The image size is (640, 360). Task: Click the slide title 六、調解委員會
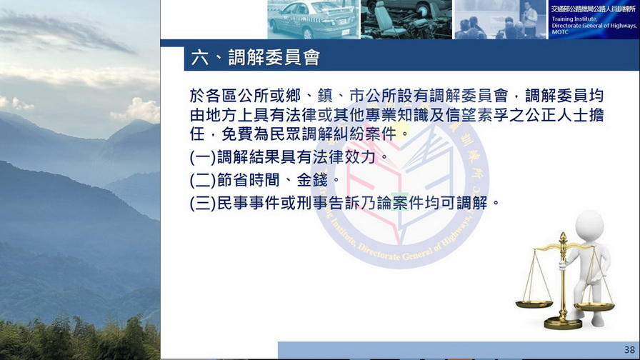point(256,58)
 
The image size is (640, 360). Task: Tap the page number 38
point(629,350)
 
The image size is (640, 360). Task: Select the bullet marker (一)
point(203,157)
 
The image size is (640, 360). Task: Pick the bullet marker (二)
point(203,180)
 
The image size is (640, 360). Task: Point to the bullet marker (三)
point(203,203)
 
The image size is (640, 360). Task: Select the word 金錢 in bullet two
point(312,180)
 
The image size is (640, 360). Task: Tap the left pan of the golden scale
point(534,304)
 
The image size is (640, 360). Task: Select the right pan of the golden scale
point(594,307)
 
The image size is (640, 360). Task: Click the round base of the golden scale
point(563,324)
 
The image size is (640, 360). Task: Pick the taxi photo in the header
point(314,19)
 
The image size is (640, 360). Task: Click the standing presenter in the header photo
point(530,19)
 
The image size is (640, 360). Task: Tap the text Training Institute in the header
point(575,19)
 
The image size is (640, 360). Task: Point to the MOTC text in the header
point(560,32)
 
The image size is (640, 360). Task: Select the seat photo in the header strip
point(406,19)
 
